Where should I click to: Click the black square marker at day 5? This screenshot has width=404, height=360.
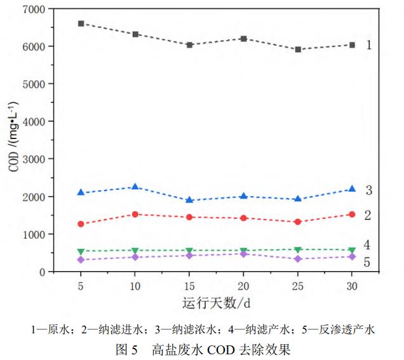(x=81, y=23)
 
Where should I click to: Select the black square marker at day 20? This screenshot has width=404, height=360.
(x=243, y=38)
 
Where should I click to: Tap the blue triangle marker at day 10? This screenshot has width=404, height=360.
(x=135, y=187)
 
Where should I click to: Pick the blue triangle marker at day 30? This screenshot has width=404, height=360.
(x=352, y=189)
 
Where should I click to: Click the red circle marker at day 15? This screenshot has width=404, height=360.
(x=189, y=217)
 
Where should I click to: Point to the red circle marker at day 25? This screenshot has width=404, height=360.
(x=298, y=222)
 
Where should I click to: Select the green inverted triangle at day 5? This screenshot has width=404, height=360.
(x=81, y=251)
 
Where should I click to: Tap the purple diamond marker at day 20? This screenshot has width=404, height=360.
(x=243, y=254)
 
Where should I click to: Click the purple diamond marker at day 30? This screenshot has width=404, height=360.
(x=352, y=257)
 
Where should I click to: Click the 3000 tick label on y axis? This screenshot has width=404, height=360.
(x=33, y=159)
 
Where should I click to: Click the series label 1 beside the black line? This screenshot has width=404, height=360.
(x=368, y=45)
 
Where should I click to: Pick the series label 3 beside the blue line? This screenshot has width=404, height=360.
(x=368, y=190)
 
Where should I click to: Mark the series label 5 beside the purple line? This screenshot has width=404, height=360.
(x=367, y=262)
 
